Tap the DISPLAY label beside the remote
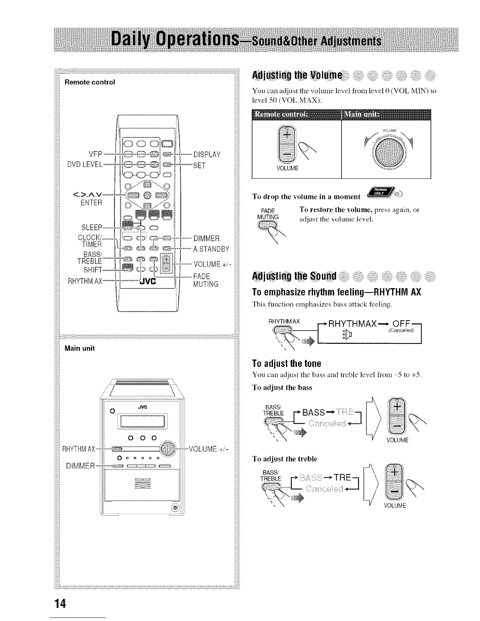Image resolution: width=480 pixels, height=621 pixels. click(x=207, y=154)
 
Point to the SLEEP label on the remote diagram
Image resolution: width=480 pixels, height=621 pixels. click(x=92, y=227)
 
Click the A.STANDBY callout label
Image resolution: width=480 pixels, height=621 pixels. click(x=211, y=249)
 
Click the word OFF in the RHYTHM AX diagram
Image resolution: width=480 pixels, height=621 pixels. click(x=402, y=324)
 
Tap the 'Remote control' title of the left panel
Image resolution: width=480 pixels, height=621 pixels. click(x=90, y=82)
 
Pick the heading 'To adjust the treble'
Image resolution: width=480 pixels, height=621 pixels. click(x=285, y=459)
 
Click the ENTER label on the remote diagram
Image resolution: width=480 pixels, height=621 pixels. click(x=91, y=203)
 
